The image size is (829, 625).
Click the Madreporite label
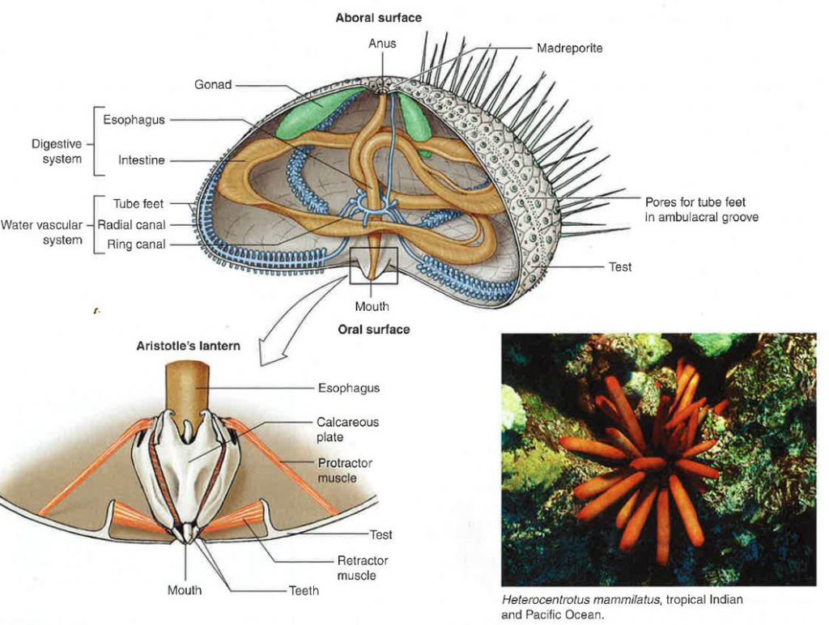pos(569,48)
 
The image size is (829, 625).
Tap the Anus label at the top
pos(382,44)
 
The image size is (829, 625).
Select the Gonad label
pos(213,85)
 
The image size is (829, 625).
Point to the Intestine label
pos(141,159)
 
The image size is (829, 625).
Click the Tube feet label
pos(138,203)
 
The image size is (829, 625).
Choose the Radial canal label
pos(132,225)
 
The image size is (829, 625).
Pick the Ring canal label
pos(136,244)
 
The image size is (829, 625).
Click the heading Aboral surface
pos(379,18)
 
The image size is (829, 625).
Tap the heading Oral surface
pos(374,330)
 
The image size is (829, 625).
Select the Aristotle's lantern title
pos(188,346)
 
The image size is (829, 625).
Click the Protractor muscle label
pos(345,470)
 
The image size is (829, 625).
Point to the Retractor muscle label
pos(362,568)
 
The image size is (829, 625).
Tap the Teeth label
pos(304,590)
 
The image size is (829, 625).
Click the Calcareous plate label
pos(347,429)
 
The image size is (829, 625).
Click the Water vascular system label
pos(42,232)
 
